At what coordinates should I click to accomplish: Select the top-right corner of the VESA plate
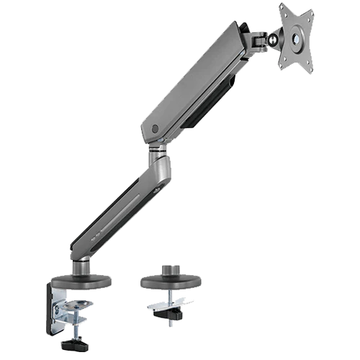click(x=314, y=6)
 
